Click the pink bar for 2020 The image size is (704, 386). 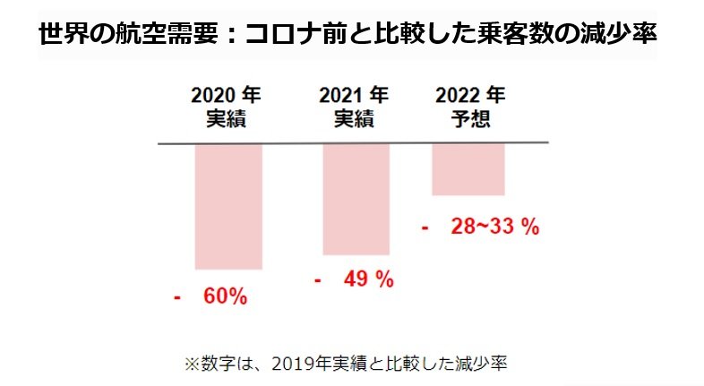coord(228,205)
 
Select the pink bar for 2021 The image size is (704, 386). coord(356,199)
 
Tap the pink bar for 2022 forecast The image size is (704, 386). coord(468,169)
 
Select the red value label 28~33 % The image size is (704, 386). coord(494,227)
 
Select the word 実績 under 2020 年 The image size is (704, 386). coord(227,119)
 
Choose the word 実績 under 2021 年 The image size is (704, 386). coord(354,119)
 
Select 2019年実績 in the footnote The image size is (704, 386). coord(309,364)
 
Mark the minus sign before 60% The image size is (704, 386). coord(177,296)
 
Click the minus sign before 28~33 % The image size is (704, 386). coord(424,227)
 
